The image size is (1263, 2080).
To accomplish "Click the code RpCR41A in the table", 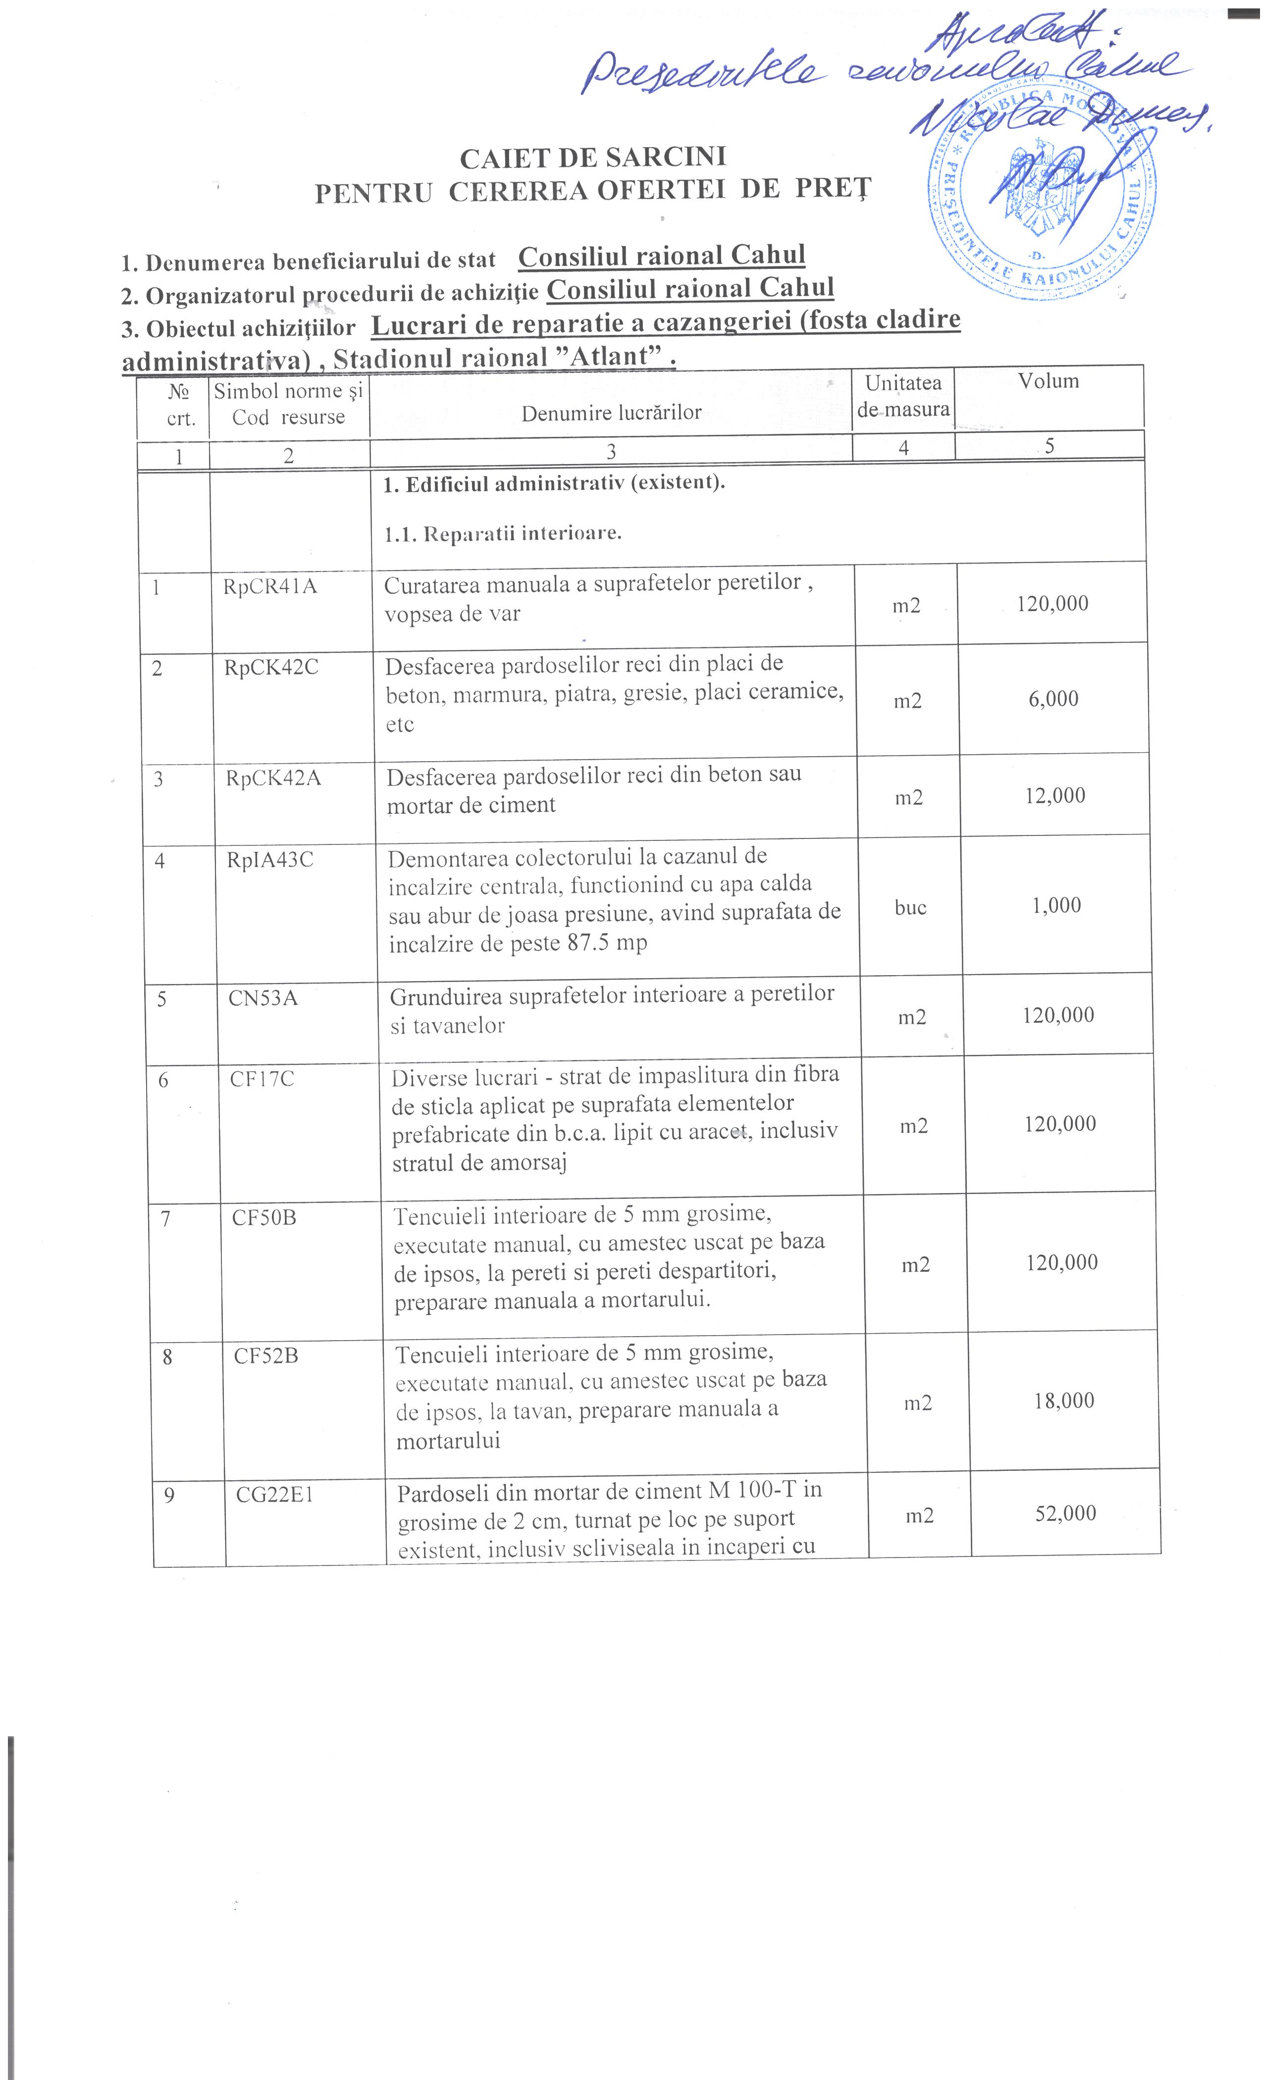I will point(269,586).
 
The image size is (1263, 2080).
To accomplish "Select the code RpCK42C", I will point(271,668).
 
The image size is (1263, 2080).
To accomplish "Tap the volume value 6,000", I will point(1053,699).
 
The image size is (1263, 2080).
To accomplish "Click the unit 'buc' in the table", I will point(910,907).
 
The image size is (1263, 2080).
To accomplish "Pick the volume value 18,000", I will point(1064,1401).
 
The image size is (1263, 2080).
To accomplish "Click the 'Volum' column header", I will point(1048,381).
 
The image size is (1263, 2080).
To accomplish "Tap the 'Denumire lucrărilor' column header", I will point(611,412).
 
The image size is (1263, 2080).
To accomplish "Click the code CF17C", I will point(262,1079).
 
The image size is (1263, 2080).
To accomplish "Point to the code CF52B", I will point(266,1356).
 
